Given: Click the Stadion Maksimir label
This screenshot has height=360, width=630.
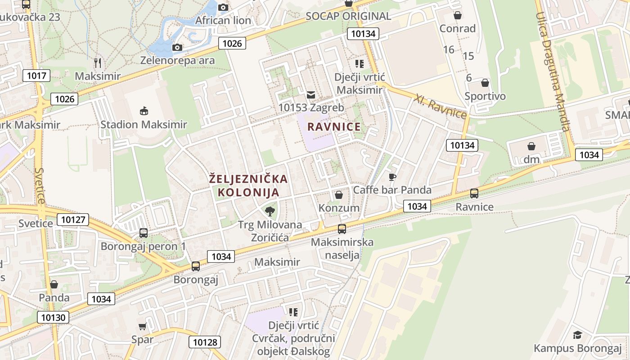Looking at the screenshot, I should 144,124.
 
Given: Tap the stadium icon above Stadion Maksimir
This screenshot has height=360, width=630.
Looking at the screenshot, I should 144,111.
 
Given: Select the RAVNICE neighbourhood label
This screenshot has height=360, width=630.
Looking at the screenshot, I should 334,127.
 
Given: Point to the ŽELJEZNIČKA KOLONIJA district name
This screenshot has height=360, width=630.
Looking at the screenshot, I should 248,185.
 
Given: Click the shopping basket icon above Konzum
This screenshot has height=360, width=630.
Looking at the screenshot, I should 339,195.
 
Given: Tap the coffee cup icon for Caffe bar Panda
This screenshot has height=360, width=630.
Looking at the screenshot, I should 392,177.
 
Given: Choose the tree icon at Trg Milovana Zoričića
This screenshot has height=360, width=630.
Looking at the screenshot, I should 270,211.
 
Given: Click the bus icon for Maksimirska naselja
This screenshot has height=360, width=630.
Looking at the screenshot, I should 342,229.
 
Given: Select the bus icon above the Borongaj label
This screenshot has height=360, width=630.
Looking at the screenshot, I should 196,266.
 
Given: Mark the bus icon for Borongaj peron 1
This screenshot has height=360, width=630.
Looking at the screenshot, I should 144,233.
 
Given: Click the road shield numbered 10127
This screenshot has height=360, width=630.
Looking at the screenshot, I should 73,220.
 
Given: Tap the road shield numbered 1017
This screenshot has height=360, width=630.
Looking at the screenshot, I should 36,76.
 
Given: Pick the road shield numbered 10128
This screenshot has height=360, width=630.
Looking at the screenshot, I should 205,342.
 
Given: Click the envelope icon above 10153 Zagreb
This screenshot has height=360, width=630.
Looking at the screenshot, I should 311,95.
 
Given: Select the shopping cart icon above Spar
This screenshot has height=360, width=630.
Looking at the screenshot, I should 143,326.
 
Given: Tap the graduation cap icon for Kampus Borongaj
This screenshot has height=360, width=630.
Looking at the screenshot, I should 578,335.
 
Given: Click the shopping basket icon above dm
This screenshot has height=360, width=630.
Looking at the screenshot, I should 531,146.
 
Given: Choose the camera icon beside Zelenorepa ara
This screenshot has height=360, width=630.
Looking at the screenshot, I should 177,47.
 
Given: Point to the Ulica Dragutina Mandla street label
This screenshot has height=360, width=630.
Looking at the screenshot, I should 553,72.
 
